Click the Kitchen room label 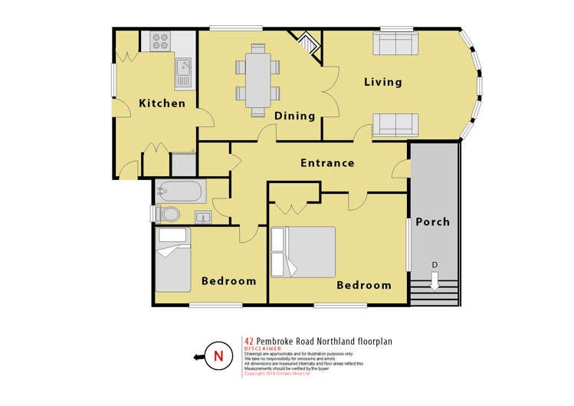pyautogui.click(x=162, y=103)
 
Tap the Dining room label pyautogui.click(x=295, y=116)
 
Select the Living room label pyautogui.click(x=383, y=82)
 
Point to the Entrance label pyautogui.click(x=327, y=163)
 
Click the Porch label pyautogui.click(x=433, y=222)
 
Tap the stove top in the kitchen pyautogui.click(x=159, y=41)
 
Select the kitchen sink pyautogui.click(x=184, y=74)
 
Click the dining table pyautogui.click(x=257, y=78)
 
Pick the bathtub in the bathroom pyautogui.click(x=179, y=190)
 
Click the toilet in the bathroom pyautogui.click(x=168, y=214)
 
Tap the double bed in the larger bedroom pyautogui.click(x=303, y=252)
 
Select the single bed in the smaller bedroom pyautogui.click(x=173, y=260)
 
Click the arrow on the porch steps pyautogui.click(x=435, y=281)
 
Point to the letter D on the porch pyautogui.click(x=435, y=265)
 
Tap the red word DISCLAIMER pyautogui.click(x=263, y=349)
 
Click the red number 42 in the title pyautogui.click(x=249, y=341)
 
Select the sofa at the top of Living pyautogui.click(x=395, y=44)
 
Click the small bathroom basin pyautogui.click(x=203, y=217)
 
